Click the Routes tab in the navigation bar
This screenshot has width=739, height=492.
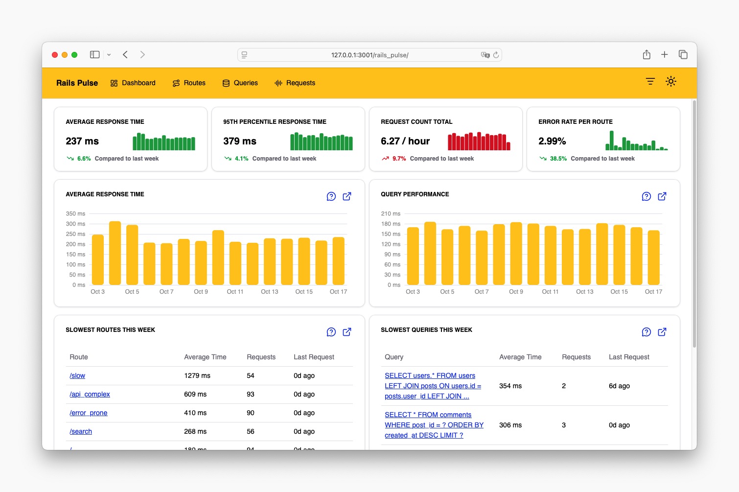(189, 83)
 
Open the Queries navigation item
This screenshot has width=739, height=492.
(240, 83)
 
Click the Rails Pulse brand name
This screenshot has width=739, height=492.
(77, 83)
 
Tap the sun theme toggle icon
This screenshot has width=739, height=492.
(671, 81)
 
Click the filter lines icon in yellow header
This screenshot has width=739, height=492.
(650, 81)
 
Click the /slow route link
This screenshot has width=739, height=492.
(77, 376)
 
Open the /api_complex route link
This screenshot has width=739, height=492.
(90, 395)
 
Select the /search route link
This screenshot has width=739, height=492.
(81, 432)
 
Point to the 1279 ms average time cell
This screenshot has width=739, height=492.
(197, 376)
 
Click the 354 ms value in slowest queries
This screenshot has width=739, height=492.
(510, 386)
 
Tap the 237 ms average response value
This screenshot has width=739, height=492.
(82, 141)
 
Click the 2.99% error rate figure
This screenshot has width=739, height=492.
(552, 141)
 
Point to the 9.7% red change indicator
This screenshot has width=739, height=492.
(399, 159)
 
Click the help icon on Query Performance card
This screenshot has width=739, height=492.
(646, 196)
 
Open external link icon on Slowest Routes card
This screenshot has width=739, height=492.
(347, 332)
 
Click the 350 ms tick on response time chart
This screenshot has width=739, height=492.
(75, 214)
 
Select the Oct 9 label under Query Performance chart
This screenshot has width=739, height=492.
(516, 292)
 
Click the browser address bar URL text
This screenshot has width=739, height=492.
(369, 55)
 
